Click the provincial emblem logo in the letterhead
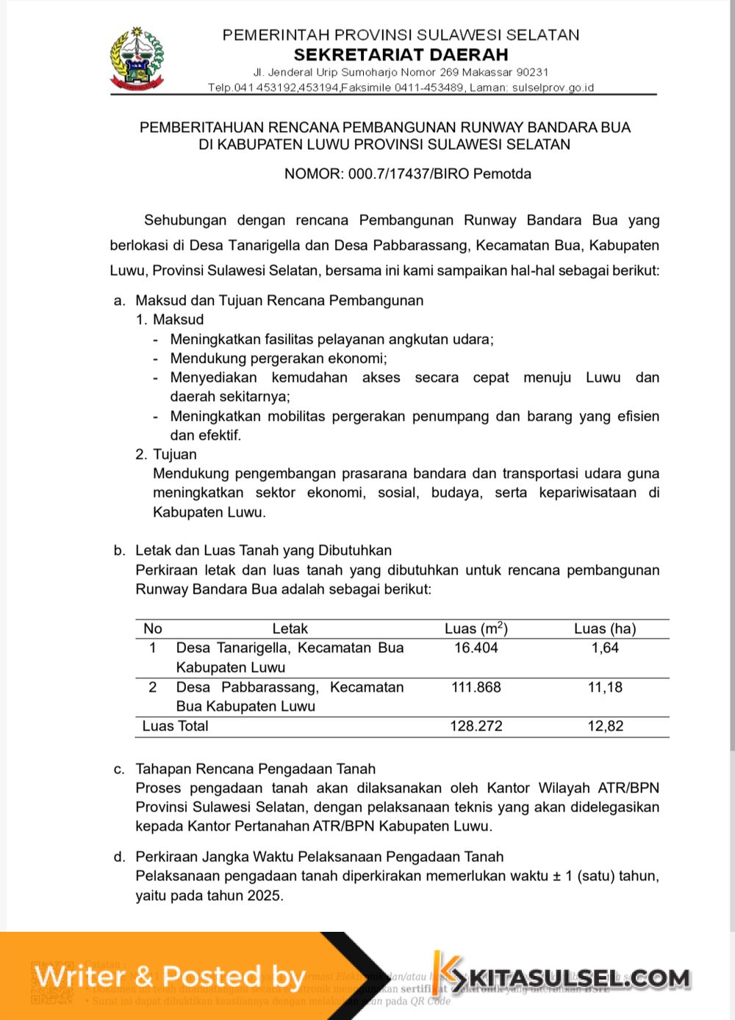[137, 60]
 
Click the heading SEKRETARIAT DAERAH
[401, 54]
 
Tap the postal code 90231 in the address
[532, 72]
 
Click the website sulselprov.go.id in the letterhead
[553, 87]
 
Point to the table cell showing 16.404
[476, 648]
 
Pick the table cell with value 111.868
[476, 688]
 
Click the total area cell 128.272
[476, 727]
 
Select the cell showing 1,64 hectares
[605, 648]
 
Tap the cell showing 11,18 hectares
[605, 688]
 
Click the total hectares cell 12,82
[605, 727]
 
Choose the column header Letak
[290, 629]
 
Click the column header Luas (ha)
[605, 629]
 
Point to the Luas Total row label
[175, 727]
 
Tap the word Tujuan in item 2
[174, 455]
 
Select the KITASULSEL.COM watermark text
[578, 978]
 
